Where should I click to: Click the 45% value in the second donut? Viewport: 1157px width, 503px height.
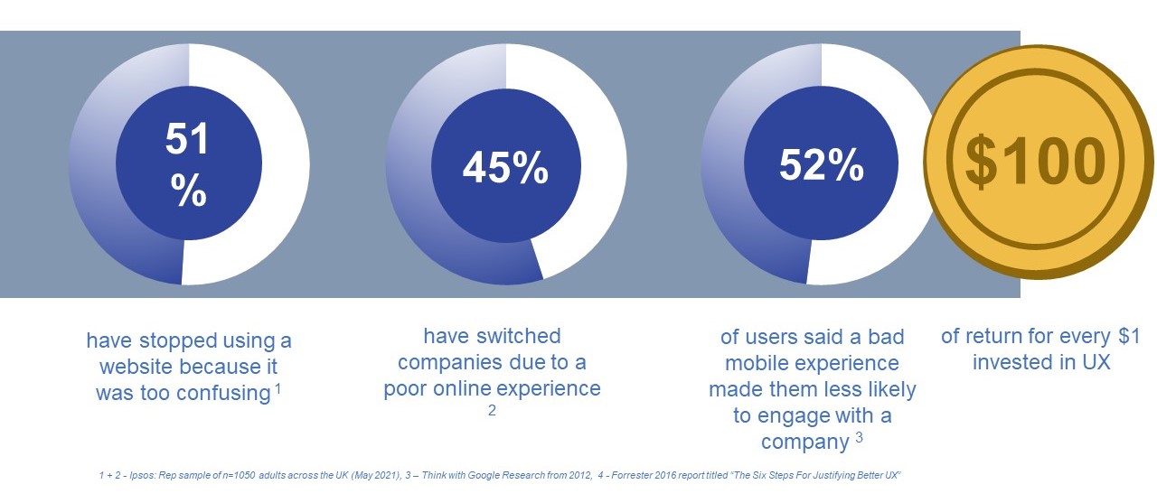[505, 167]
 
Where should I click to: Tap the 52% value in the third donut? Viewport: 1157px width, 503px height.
[821, 164]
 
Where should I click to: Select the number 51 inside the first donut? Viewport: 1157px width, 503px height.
[188, 140]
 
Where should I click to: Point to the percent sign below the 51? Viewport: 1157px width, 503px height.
[188, 191]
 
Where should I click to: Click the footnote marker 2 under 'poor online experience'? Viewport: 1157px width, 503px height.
[493, 410]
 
